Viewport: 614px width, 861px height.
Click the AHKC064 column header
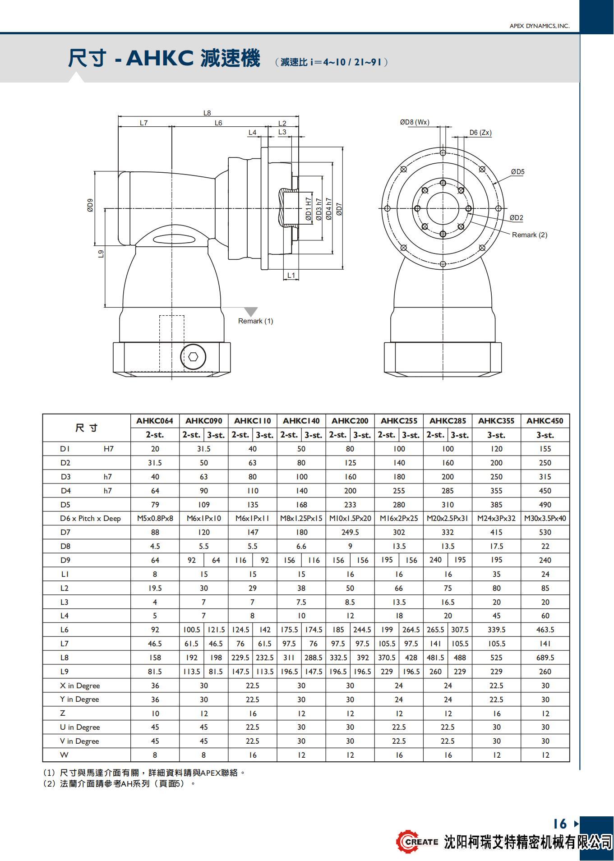[x=155, y=421]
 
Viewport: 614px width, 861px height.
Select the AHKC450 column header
[x=545, y=421]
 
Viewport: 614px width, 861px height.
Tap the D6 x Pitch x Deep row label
[x=90, y=518]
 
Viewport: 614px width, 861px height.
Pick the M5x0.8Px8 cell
[x=155, y=518]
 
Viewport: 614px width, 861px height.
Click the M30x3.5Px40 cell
[x=545, y=518]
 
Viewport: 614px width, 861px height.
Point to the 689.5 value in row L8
[x=545, y=658]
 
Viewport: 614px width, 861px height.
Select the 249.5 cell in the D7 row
[x=350, y=532]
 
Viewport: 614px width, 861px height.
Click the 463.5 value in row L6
[x=545, y=630]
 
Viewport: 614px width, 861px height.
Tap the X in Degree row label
[x=80, y=686]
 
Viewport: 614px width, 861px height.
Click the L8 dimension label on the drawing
[x=207, y=113]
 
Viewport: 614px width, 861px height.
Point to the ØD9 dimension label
[x=90, y=205]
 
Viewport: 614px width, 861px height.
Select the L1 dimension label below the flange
[x=291, y=275]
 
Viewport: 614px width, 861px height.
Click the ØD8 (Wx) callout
[x=415, y=122]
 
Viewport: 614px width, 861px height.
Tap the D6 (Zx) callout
[x=480, y=133]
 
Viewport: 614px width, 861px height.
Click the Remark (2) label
[x=529, y=235]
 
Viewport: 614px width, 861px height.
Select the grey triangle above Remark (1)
[x=251, y=312]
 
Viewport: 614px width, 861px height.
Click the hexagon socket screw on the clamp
[x=193, y=357]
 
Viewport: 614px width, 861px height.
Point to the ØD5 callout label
[x=517, y=172]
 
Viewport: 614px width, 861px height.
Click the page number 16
[x=559, y=824]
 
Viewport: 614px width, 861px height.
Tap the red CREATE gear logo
[x=408, y=841]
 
